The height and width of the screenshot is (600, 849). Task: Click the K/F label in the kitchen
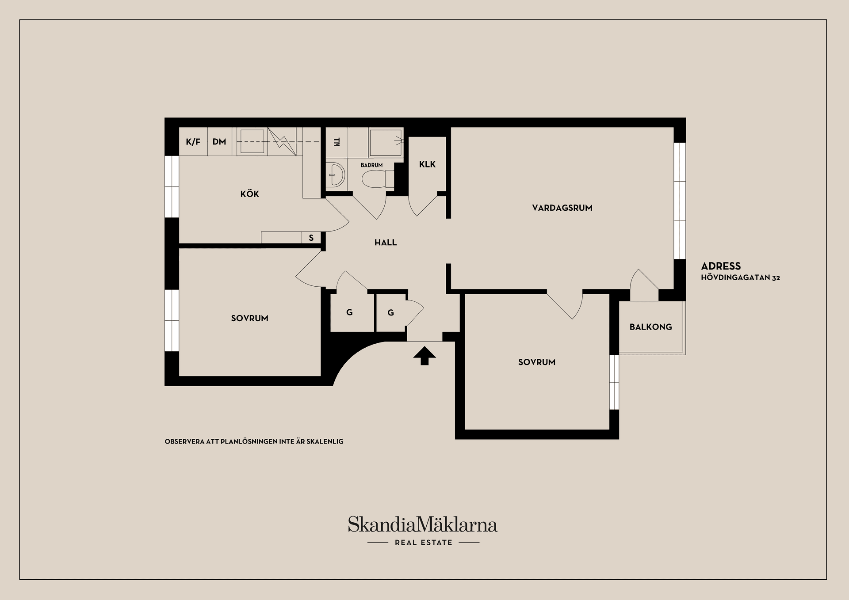pyautogui.click(x=193, y=142)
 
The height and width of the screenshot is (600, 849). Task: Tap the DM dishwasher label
pyautogui.click(x=219, y=142)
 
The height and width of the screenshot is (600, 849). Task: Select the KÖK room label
pyautogui.click(x=250, y=194)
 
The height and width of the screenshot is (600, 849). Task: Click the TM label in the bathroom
pyautogui.click(x=337, y=142)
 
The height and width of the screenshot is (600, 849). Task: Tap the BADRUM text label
pyautogui.click(x=372, y=165)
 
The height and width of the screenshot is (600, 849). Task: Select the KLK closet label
pyautogui.click(x=428, y=164)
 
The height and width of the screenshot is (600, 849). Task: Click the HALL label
pyautogui.click(x=386, y=243)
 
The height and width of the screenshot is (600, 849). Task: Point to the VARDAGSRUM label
pyautogui.click(x=562, y=208)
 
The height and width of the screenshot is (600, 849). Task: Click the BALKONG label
pyautogui.click(x=651, y=327)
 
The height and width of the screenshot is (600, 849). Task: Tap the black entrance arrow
pyautogui.click(x=424, y=356)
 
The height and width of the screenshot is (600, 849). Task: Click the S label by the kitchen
pyautogui.click(x=311, y=238)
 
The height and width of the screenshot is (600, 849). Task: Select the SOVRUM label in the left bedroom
pyautogui.click(x=250, y=319)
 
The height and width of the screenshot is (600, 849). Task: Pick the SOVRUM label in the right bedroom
pyautogui.click(x=537, y=362)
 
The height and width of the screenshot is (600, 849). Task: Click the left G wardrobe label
pyautogui.click(x=349, y=312)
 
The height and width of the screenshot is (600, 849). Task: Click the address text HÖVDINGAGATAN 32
pyautogui.click(x=741, y=278)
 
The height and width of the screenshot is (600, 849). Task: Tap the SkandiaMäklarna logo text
pyautogui.click(x=423, y=524)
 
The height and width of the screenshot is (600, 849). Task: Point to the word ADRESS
pyautogui.click(x=721, y=266)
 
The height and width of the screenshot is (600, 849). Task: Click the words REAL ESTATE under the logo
pyautogui.click(x=424, y=543)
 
